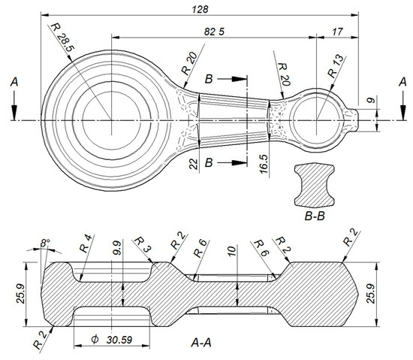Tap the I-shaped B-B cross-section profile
(x=315, y=185)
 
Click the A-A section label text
(x=200, y=343)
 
